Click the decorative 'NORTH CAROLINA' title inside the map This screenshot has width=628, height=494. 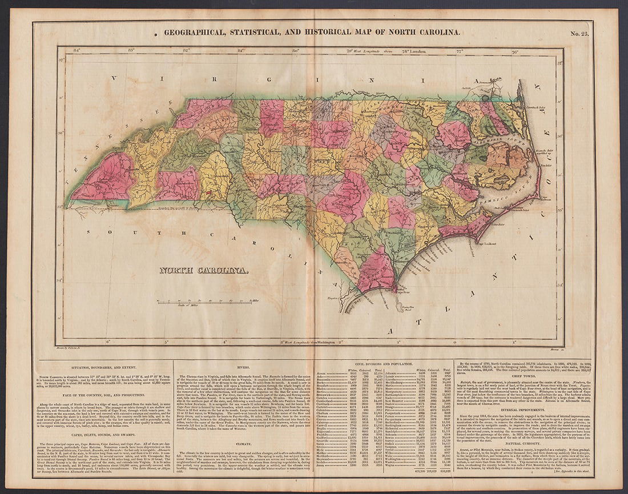(203, 270)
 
